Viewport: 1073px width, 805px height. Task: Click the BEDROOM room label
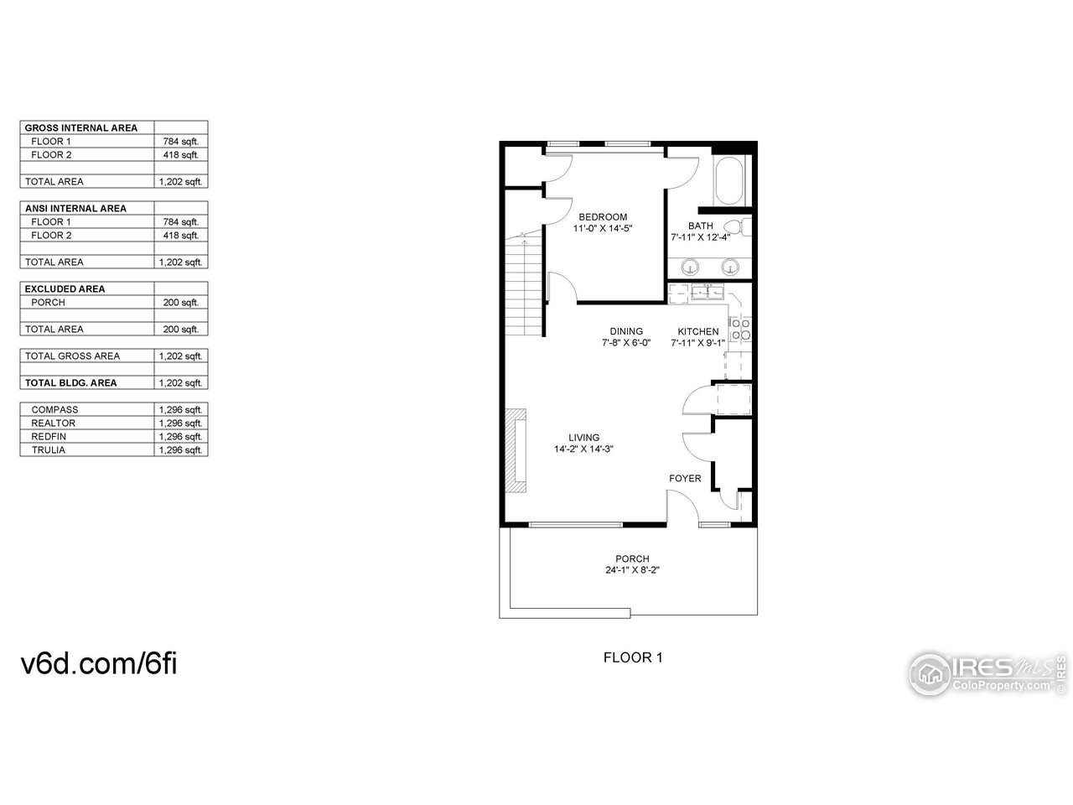602,217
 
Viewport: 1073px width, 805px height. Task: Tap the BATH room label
700,226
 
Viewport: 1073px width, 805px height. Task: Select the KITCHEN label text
697,331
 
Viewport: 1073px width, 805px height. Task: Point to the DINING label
626,331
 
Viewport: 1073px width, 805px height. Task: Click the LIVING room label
583,437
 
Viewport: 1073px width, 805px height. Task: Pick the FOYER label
685,478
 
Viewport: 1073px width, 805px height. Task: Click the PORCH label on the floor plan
632,559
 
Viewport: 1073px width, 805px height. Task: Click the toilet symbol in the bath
734,226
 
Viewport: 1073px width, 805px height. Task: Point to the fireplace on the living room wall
516,449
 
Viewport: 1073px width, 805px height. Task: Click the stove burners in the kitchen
740,330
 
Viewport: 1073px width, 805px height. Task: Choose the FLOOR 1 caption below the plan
633,657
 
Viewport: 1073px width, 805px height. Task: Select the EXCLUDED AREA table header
65,289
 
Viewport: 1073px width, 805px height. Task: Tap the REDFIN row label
49,437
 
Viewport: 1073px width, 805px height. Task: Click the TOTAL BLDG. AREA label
70,383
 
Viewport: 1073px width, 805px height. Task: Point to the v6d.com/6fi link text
99,664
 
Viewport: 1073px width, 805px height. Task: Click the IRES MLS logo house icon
929,672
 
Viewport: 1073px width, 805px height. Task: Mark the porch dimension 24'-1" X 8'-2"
632,571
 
